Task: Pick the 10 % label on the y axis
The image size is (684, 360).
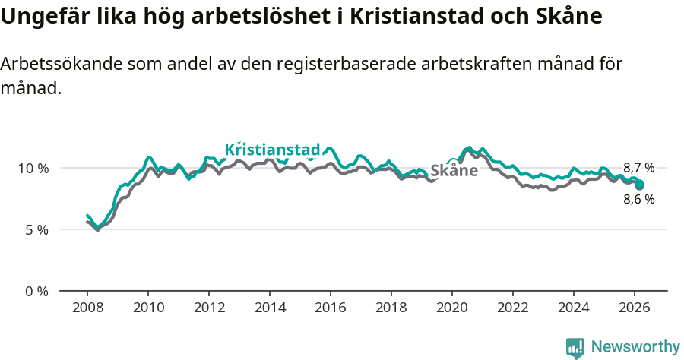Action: click(33, 168)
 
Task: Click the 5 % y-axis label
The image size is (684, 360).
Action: click(36, 229)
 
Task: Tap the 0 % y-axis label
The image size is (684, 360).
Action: click(36, 291)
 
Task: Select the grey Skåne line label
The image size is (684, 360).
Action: click(454, 171)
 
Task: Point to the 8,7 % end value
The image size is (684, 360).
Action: click(638, 168)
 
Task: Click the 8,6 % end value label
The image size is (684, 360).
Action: click(638, 200)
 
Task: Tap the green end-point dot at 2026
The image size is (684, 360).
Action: click(640, 185)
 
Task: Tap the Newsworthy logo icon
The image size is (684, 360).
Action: click(575, 348)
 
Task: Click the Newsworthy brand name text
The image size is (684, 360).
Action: click(635, 347)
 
